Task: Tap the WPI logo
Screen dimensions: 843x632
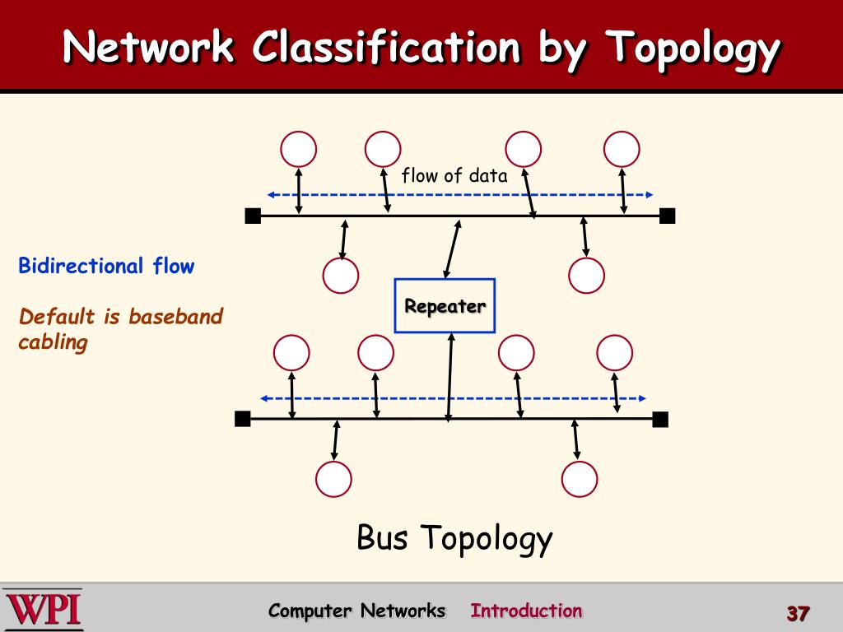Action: (x=43, y=610)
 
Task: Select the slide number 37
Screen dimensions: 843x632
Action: (x=799, y=613)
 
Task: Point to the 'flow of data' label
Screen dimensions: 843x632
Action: (x=454, y=175)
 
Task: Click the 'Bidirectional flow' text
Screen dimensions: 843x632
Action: (x=106, y=266)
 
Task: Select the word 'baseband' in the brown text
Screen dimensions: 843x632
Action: (x=176, y=316)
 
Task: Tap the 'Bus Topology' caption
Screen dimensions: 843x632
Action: (x=454, y=538)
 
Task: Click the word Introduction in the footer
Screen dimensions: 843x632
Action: (x=526, y=611)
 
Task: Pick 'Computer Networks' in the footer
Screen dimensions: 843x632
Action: (x=357, y=611)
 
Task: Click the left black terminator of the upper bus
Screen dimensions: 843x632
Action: (x=253, y=216)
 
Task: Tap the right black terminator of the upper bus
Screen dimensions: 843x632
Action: (x=667, y=216)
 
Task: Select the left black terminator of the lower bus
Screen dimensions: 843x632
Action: (x=243, y=419)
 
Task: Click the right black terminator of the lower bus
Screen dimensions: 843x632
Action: (x=660, y=419)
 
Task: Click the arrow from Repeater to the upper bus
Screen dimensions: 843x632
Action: (x=452, y=249)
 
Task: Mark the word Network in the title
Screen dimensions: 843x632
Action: (x=148, y=46)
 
